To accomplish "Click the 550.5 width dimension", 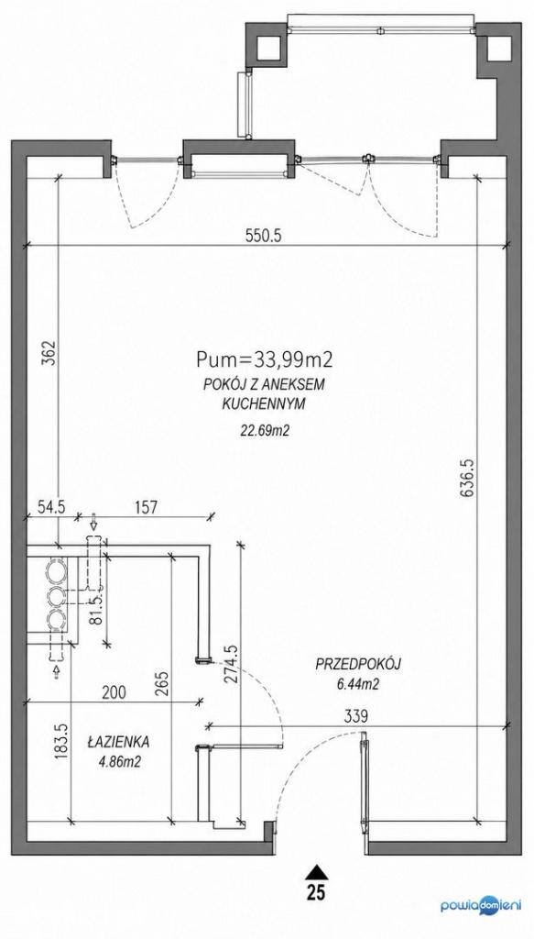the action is [264, 236].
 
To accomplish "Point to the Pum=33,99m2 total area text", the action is [265, 359].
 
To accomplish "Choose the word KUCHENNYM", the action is [264, 404].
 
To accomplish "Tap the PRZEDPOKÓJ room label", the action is [358, 664].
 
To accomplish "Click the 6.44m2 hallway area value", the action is [358, 685].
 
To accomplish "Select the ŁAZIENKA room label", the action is [118, 742].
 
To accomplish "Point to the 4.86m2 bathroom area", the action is [118, 763].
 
